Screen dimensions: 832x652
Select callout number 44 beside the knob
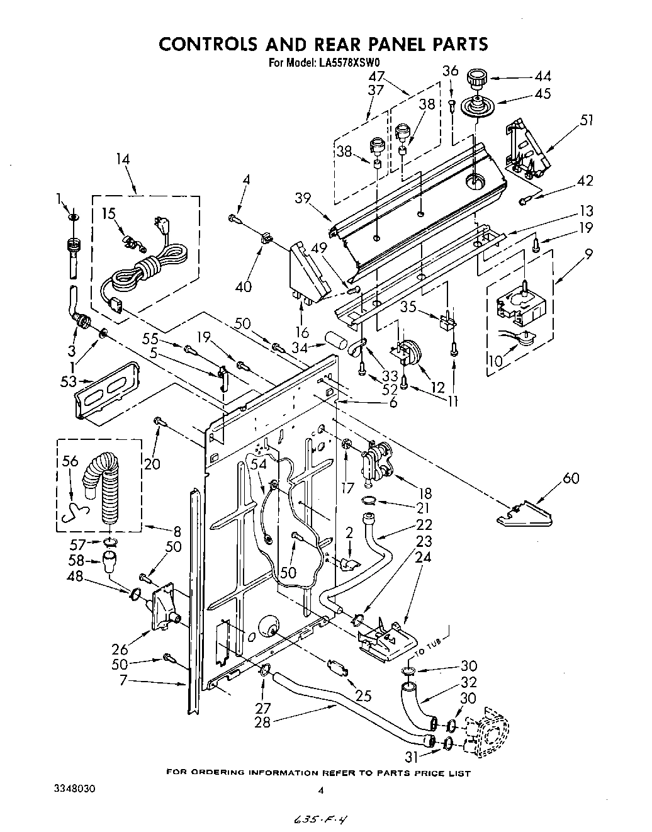point(542,76)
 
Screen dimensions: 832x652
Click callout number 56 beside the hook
point(70,461)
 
